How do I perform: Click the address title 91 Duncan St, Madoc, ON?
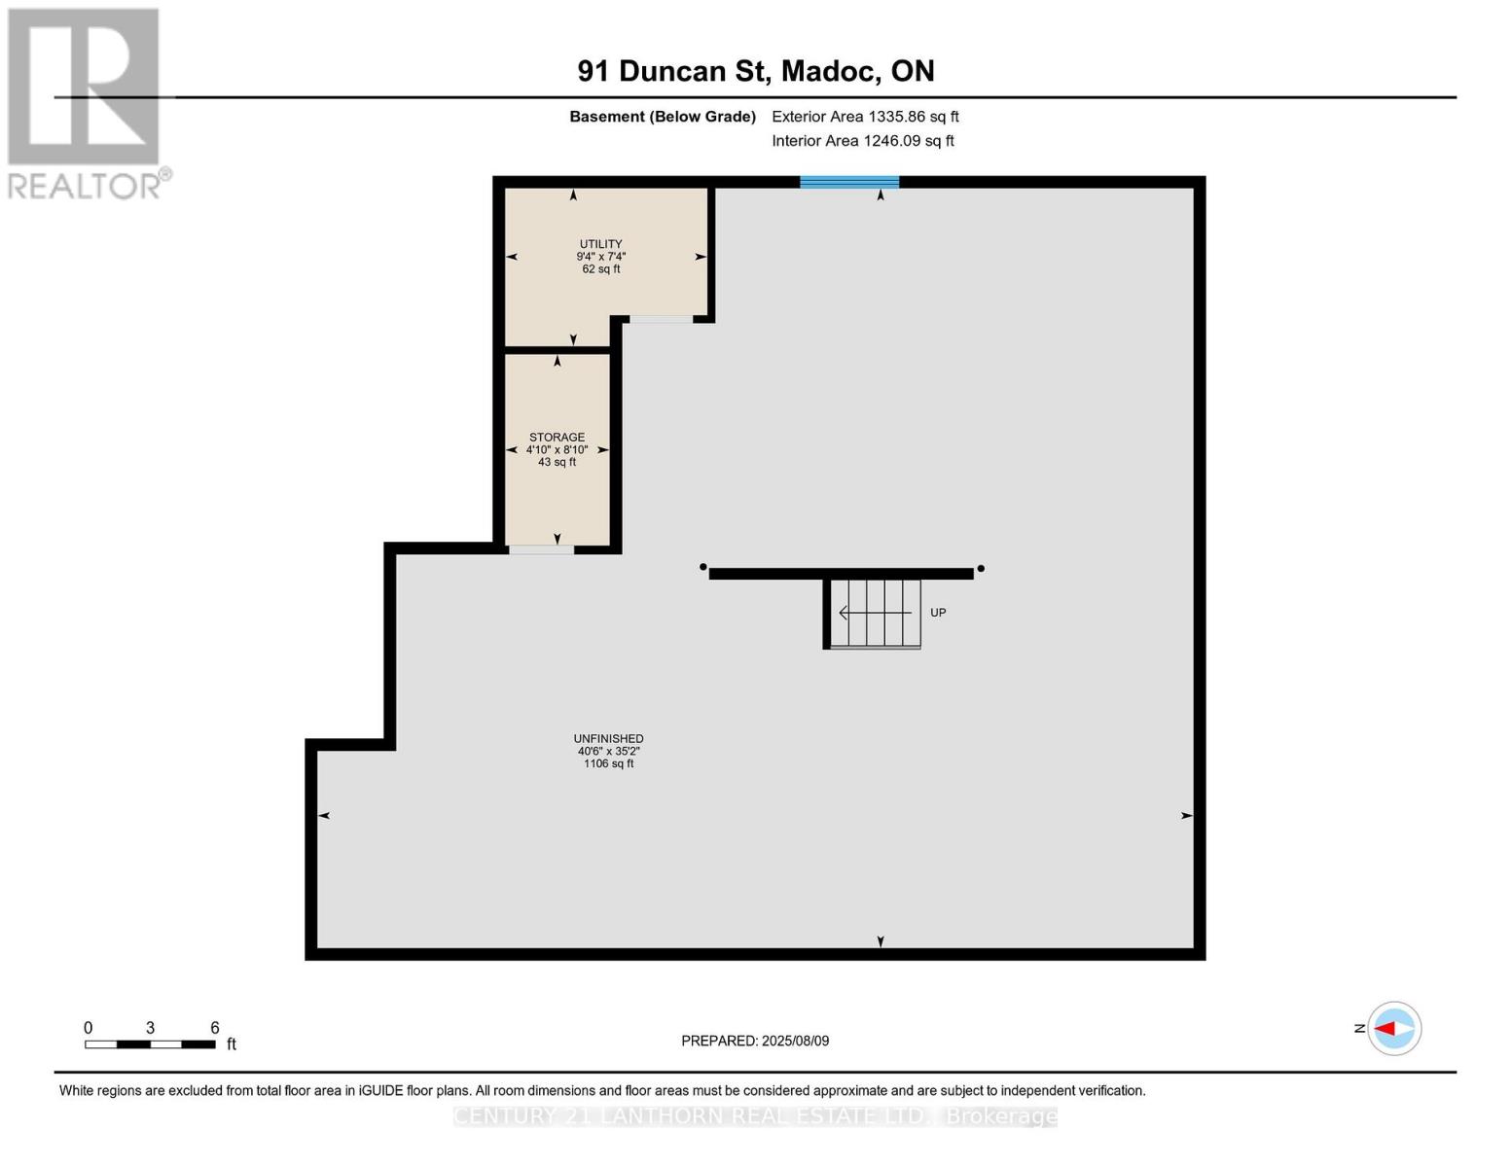tap(755, 71)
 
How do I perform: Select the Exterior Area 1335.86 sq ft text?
tap(865, 117)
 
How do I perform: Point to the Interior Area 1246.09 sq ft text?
tap(862, 141)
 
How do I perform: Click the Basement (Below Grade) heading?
tap(662, 117)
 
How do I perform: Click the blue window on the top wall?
tap(849, 182)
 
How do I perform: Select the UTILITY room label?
tap(600, 244)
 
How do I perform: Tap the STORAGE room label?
tap(557, 438)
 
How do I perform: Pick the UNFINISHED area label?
tap(608, 739)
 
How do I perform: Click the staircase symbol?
tap(874, 613)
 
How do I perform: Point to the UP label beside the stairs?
tap(938, 613)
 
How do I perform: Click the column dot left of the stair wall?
tap(702, 567)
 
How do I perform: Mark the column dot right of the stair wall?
tap(981, 569)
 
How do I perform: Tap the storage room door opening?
tap(541, 549)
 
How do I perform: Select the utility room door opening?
tap(661, 319)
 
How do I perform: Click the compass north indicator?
tap(1393, 1028)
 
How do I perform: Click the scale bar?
tap(150, 1044)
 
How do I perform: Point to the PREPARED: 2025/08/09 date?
tap(755, 1041)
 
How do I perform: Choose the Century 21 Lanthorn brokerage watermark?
tap(755, 1116)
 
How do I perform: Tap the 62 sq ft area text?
tap(600, 269)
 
